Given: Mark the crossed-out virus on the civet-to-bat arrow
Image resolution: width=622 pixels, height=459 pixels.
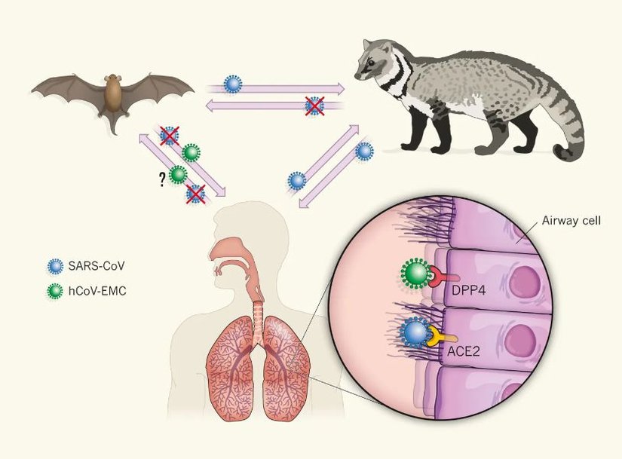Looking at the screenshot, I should click(x=312, y=106).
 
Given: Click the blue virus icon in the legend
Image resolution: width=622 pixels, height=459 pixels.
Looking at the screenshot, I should click(x=54, y=265).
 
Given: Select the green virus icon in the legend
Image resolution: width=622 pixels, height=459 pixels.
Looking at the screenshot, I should click(x=54, y=288).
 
